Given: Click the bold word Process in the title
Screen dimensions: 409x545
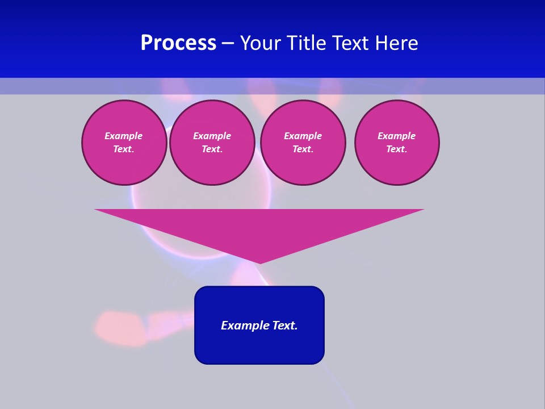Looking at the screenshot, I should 178,43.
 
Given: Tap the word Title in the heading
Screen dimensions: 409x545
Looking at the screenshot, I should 308,43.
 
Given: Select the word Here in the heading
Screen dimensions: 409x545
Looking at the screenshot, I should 397,43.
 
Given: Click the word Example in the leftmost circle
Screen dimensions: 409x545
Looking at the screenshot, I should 124,136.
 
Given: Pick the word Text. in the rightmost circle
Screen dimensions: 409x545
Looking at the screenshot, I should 397,149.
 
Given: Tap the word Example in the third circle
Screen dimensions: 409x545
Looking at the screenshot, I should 303,136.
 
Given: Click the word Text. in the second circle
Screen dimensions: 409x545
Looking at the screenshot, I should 212,149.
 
